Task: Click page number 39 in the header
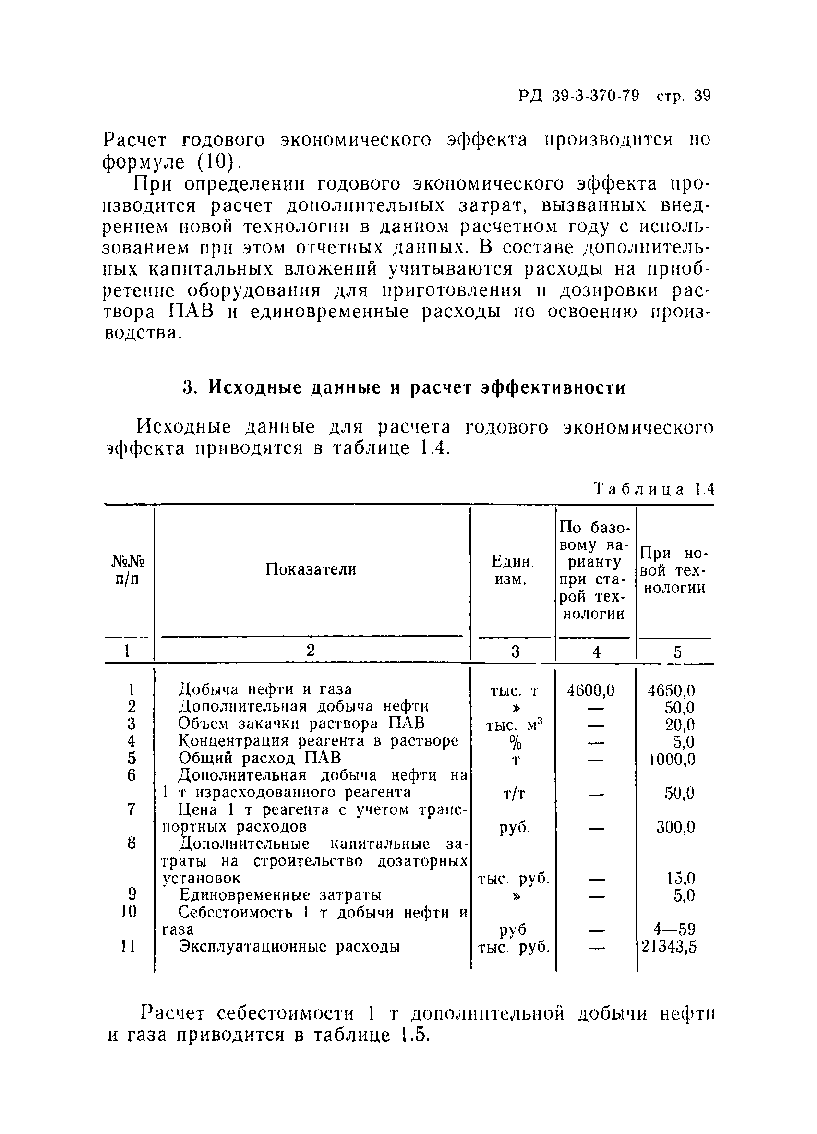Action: coord(702,96)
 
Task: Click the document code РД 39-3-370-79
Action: coord(578,96)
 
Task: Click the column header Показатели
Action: coord(311,569)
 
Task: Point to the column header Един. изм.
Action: coord(513,570)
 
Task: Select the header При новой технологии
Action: coord(673,570)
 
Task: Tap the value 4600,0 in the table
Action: coord(590,690)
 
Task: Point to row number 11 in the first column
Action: coord(129,946)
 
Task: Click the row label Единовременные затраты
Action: coord(280,894)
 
